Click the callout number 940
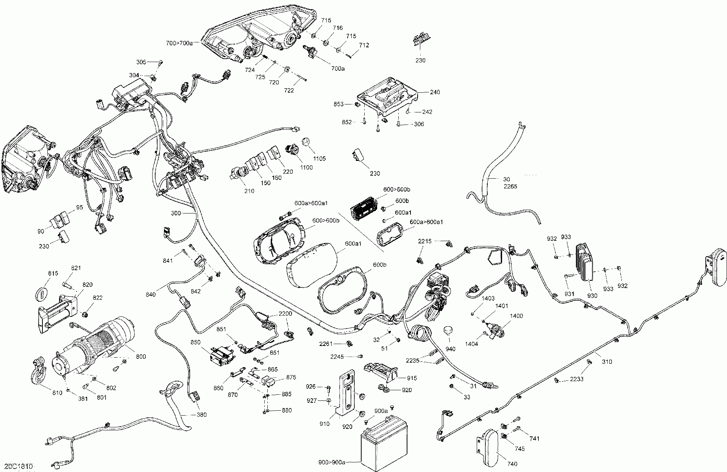coord(450,349)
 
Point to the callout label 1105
coord(319,159)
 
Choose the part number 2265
coord(510,187)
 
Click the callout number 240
coord(435,92)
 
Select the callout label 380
coord(201,414)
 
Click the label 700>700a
coord(179,43)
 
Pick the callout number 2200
coord(285,314)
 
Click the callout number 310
coord(607,361)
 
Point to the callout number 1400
coord(516,316)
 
